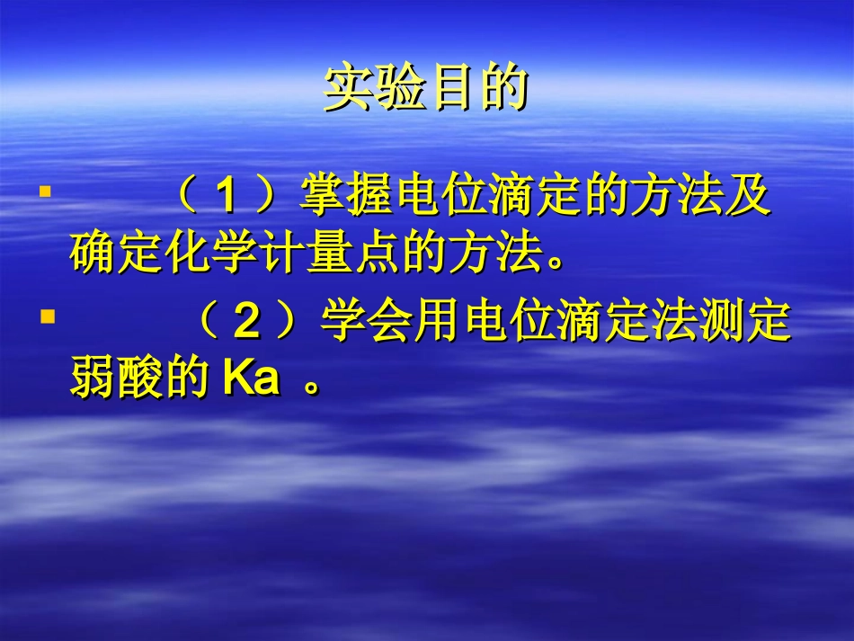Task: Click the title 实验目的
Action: coord(424,89)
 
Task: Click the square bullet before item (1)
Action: coord(44,191)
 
